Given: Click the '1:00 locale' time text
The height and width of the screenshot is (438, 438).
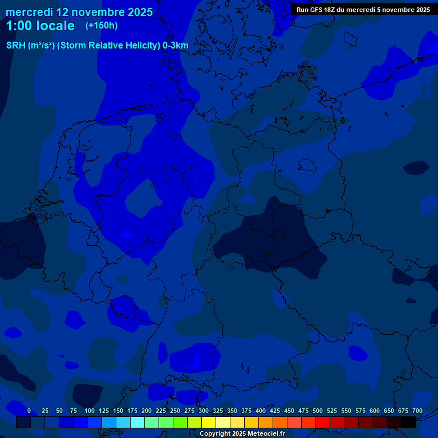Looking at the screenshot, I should (40, 26).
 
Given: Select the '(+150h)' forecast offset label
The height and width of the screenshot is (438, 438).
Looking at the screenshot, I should (102, 26).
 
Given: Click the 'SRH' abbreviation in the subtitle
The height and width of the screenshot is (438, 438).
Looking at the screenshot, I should (16, 45).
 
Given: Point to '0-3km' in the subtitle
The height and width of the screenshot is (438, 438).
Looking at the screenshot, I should (176, 45).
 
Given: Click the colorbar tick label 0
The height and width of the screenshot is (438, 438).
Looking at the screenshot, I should (29, 411).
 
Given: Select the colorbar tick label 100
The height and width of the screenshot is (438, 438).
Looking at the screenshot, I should (90, 411).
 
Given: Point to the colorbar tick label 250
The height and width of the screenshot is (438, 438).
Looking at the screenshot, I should (175, 411).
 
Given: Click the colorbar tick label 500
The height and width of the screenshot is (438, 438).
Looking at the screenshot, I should (318, 411).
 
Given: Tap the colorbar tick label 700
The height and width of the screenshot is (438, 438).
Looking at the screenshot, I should (417, 411).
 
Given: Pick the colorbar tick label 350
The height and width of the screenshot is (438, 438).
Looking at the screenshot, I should (232, 411).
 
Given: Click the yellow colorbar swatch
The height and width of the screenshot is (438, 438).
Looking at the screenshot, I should (209, 422).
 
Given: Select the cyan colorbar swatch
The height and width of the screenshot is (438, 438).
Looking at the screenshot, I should (137, 422).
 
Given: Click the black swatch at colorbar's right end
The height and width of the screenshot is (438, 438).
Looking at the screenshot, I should (408, 422).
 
